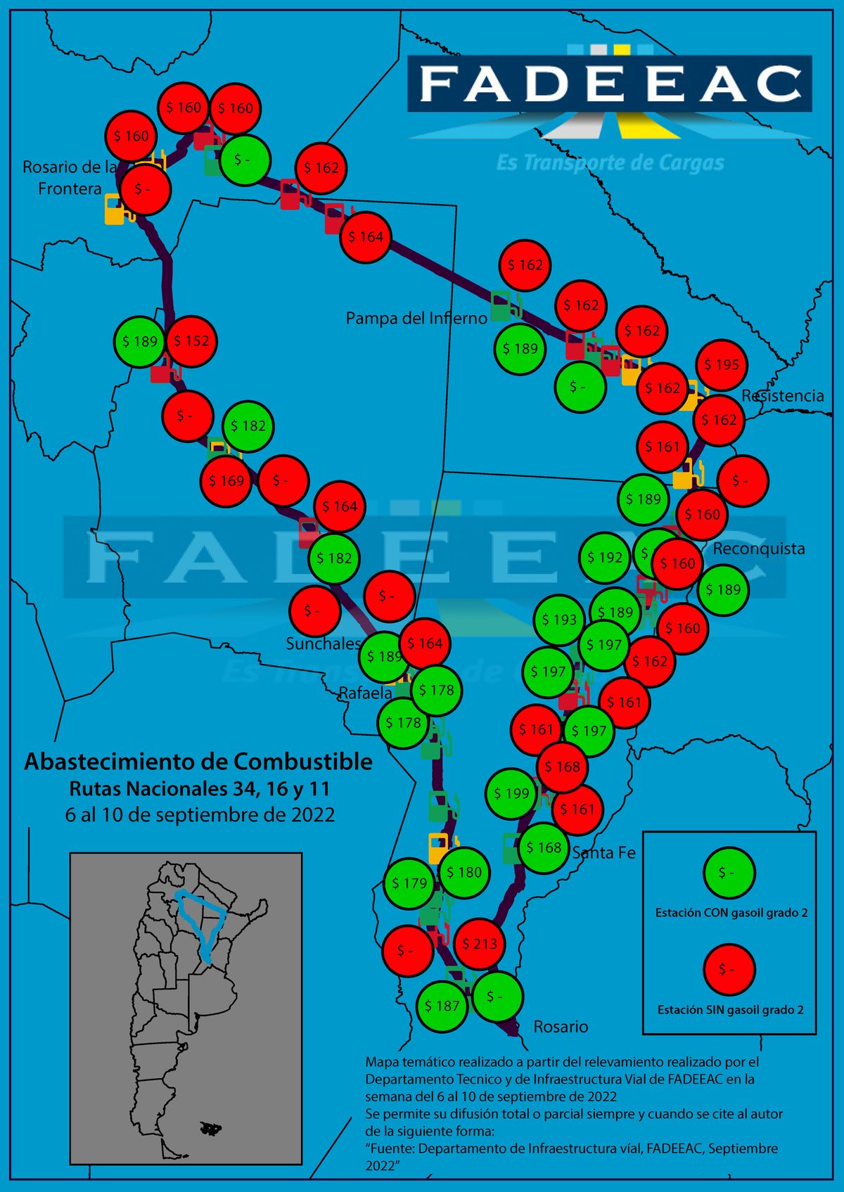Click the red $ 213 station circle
point(480,944)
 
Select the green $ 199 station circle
point(511,794)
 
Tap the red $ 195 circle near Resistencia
point(722,365)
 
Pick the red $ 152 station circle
point(191,341)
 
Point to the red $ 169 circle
point(226,481)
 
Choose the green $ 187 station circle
point(442,1006)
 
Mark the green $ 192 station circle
point(605,557)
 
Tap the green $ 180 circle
point(464,872)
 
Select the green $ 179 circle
point(409,883)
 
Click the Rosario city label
point(561,1027)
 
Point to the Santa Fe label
point(603,853)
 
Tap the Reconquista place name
point(759,549)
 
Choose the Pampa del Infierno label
point(416,319)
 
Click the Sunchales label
point(323,643)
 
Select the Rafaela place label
point(366,693)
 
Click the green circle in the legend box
point(729,873)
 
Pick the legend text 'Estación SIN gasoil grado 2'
point(730,1010)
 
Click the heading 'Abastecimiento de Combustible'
point(198,762)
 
